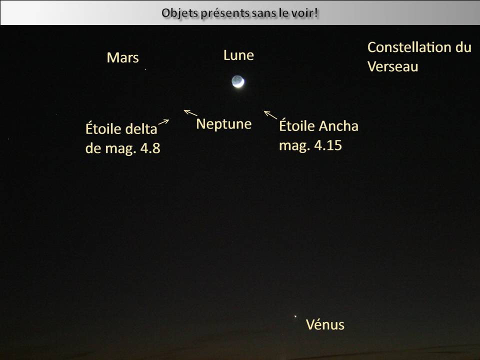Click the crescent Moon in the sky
coord(238,81)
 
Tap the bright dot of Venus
coord(295,316)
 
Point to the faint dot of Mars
coord(145,69)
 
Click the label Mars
coord(123,57)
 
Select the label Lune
coord(239,55)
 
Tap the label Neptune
coord(224,124)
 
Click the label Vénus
coord(325,324)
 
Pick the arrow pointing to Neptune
coord(190,112)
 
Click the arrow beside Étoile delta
coord(164,122)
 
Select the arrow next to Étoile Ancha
coord(270,115)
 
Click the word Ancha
coord(338,126)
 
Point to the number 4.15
coord(328,145)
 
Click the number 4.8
coord(150,148)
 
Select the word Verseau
coord(393,66)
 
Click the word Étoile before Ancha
coord(297,125)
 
